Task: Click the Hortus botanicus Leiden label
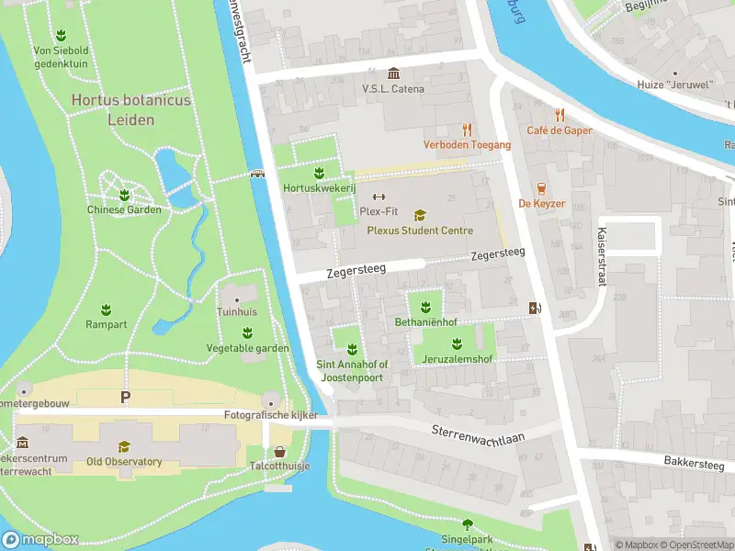pyautogui.click(x=130, y=109)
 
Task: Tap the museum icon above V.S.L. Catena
pyautogui.click(x=393, y=73)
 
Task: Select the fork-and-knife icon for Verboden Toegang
pyautogui.click(x=467, y=129)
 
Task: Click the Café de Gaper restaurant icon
pyautogui.click(x=560, y=116)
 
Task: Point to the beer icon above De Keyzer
pyautogui.click(x=541, y=188)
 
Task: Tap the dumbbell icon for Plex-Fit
pyautogui.click(x=378, y=197)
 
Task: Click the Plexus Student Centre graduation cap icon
pyautogui.click(x=420, y=216)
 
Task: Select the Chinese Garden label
pyautogui.click(x=124, y=209)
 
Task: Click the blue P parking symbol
pyautogui.click(x=125, y=397)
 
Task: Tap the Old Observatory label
pyautogui.click(x=124, y=461)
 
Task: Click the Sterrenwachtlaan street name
pyautogui.click(x=478, y=433)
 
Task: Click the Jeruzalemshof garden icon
pyautogui.click(x=456, y=343)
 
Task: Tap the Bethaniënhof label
pyautogui.click(x=425, y=323)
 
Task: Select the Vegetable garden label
pyautogui.click(x=247, y=348)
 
